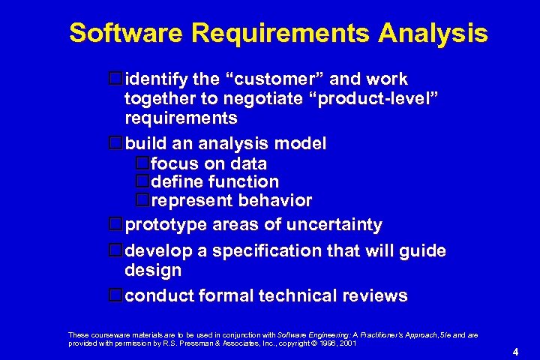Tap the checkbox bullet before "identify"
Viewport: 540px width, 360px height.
(x=115, y=79)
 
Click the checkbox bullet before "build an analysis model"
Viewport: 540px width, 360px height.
(x=115, y=142)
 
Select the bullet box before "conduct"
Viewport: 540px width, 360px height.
(x=115, y=295)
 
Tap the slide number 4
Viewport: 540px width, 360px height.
(x=515, y=352)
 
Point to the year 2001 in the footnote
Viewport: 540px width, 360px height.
(x=347, y=343)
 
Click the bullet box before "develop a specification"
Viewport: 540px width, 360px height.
(x=115, y=250)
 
